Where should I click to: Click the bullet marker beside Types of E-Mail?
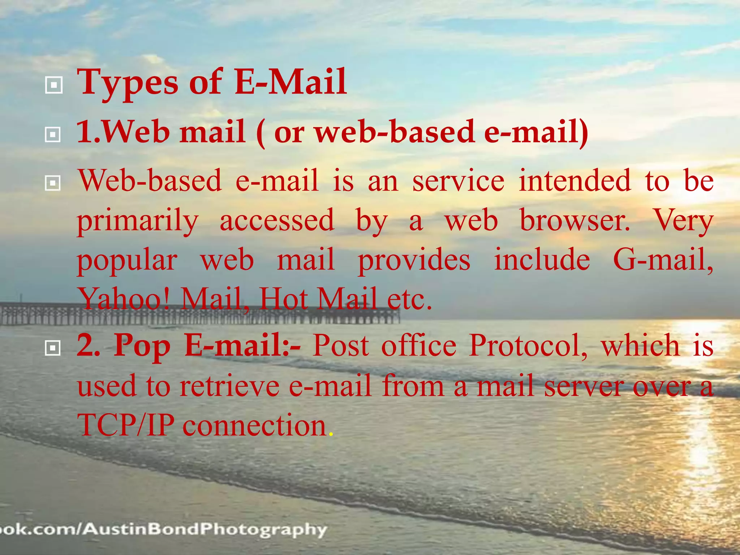tap(53, 85)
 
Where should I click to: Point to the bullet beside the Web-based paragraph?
tap(53, 183)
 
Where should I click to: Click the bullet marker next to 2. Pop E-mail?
tap(53, 348)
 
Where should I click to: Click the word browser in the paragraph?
tap(575, 220)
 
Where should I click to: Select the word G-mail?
tap(663, 259)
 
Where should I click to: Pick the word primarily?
tap(138, 221)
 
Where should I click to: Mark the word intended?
tap(575, 181)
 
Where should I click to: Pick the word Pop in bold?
tap(142, 346)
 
